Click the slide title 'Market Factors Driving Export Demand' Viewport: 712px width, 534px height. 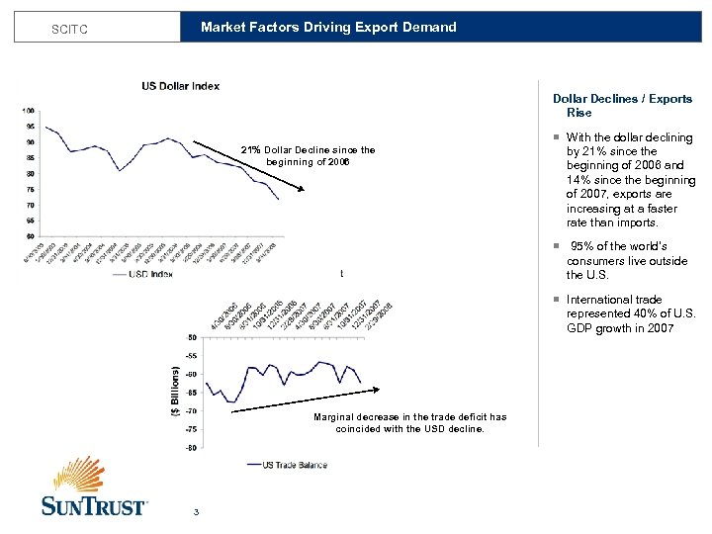[x=328, y=28]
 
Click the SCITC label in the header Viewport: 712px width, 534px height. [x=69, y=30]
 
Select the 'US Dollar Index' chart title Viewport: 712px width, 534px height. [x=180, y=86]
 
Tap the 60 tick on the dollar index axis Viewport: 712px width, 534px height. [x=31, y=236]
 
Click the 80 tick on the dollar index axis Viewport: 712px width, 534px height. [x=31, y=173]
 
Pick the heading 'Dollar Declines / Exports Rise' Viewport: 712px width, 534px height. [x=622, y=106]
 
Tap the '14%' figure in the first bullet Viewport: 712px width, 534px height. [x=579, y=181]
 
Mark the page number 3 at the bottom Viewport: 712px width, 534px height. [x=197, y=511]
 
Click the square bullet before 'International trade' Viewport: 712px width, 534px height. [x=557, y=300]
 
